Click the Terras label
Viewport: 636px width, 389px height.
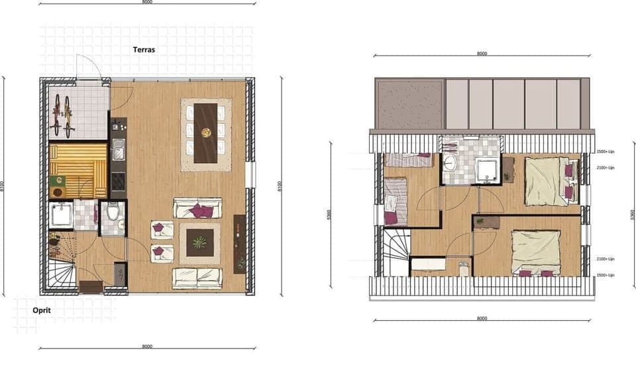[144, 50]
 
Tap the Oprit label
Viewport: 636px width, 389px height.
[41, 309]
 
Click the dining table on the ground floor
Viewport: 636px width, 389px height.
[206, 133]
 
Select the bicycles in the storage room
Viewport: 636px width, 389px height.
[62, 113]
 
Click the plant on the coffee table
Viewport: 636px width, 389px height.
[199, 243]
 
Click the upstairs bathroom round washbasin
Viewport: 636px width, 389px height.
[450, 163]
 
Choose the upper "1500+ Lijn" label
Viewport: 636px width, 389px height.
[606, 152]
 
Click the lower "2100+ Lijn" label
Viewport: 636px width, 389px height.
[606, 259]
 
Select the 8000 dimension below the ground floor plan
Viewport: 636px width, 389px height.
[147, 346]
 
